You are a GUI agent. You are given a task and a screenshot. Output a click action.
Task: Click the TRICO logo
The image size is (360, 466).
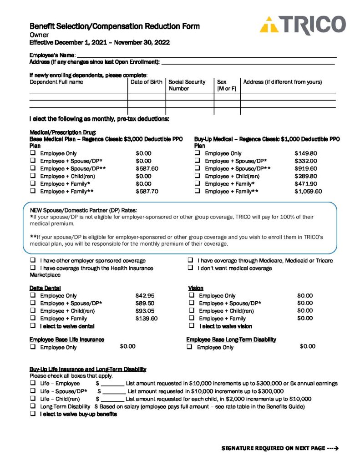tap(302, 25)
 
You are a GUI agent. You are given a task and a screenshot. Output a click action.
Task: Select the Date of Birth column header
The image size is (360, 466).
tap(146, 82)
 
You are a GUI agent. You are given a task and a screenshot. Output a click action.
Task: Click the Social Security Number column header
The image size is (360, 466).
tap(187, 85)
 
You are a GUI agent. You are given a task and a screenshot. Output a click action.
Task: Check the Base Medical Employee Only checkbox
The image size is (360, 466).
tap(33, 153)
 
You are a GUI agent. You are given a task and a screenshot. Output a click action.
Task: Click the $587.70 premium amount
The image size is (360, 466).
tap(147, 192)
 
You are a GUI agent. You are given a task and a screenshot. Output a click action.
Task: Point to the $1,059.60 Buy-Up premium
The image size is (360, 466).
tap(308, 192)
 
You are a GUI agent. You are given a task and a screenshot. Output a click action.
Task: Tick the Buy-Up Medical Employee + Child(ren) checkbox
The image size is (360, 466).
tap(198, 176)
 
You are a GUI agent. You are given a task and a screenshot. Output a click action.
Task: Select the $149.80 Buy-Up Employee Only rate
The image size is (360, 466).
tap(306, 153)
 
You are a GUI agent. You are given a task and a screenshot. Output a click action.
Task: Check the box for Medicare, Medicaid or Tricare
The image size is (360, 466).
tap(191, 261)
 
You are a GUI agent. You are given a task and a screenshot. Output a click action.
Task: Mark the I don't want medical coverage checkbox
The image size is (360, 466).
tap(191, 268)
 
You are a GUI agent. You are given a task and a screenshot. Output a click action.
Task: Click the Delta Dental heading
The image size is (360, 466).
tap(45, 288)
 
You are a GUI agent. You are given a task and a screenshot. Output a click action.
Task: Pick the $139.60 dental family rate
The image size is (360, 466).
tap(147, 319)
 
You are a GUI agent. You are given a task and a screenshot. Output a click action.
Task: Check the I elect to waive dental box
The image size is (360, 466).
tap(33, 326)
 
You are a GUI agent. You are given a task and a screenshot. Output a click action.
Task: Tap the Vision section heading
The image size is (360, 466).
tap(196, 288)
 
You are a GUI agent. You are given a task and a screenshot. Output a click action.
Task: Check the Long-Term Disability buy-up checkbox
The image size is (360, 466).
tap(33, 406)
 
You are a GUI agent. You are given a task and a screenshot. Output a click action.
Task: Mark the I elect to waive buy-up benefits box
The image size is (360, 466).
tap(33, 414)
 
